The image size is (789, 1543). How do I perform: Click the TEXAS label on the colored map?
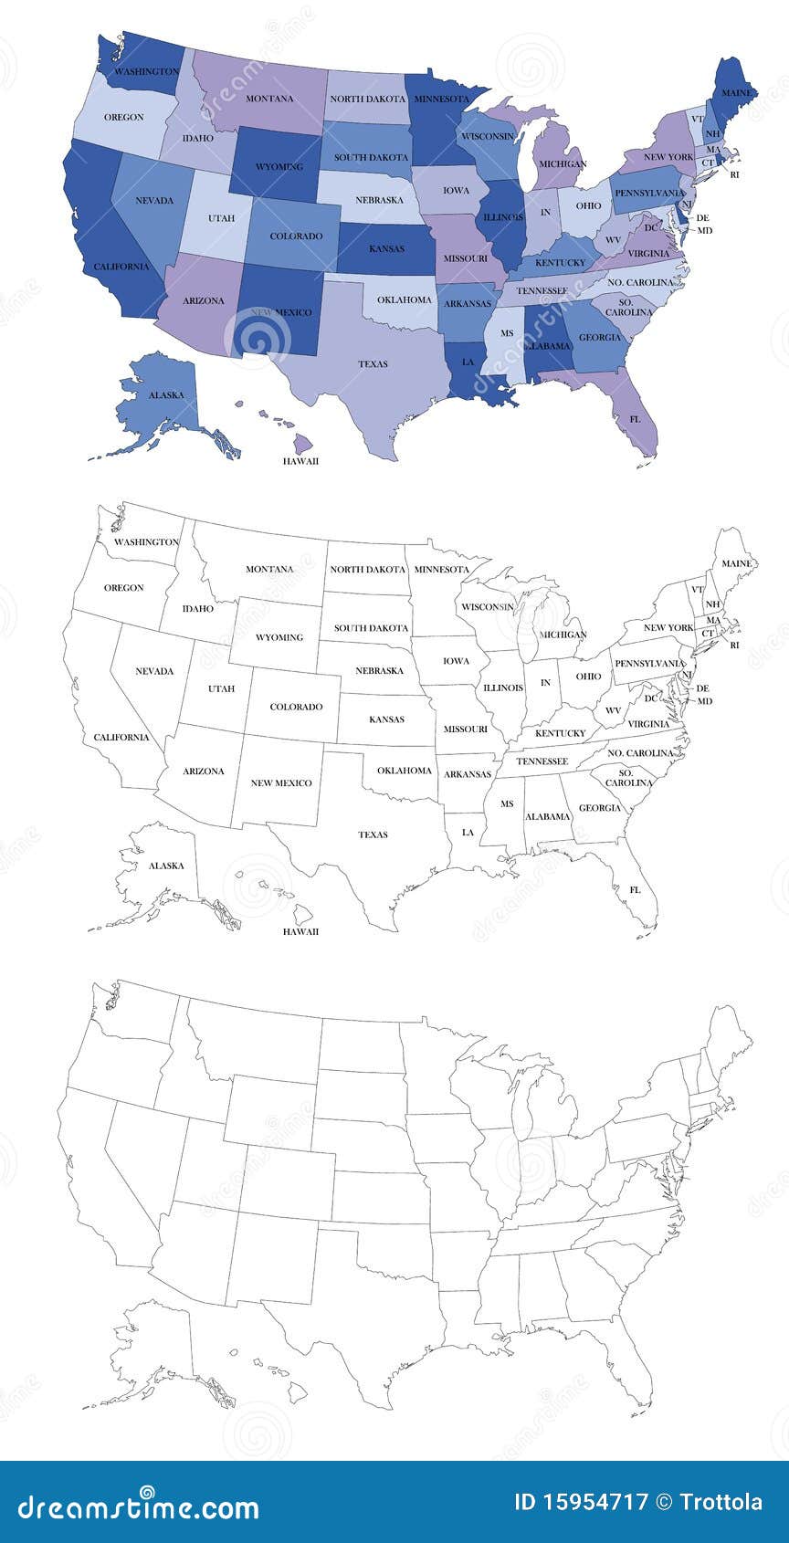coord(373,363)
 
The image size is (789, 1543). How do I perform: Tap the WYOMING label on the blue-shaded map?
coord(279,167)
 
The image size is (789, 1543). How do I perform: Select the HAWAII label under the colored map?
coord(300,461)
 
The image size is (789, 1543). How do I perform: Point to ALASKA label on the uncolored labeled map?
coord(166,866)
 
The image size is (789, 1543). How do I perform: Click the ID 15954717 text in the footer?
coord(580,1502)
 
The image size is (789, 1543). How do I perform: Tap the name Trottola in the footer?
coord(722,1502)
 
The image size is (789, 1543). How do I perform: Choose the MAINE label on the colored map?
coord(736,93)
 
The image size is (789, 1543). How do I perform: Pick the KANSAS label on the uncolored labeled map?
coord(386,719)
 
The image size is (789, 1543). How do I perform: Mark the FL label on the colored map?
coord(635,418)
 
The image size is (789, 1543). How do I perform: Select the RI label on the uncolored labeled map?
coord(734,645)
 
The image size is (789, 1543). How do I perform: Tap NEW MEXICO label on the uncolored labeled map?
coord(281,783)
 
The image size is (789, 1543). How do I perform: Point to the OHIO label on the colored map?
coord(589,206)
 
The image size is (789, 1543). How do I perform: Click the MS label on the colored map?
coord(507,333)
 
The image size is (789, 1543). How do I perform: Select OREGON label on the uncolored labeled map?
coord(123,588)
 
